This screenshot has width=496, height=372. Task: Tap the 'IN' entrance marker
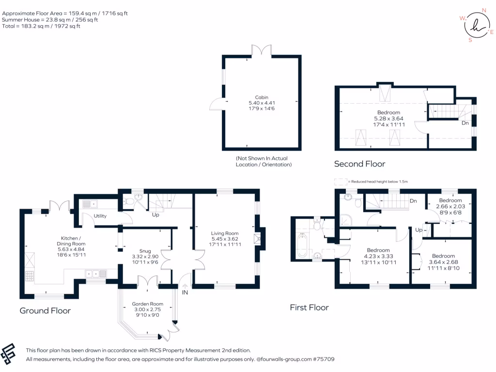(x=185, y=293)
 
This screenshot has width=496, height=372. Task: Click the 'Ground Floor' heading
(x=45, y=310)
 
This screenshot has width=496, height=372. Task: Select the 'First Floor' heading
(x=309, y=307)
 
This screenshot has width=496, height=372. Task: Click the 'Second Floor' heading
(x=359, y=164)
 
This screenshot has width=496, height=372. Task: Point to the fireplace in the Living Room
(x=257, y=238)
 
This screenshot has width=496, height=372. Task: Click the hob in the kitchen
(x=29, y=277)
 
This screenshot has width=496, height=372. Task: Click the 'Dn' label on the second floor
(x=465, y=123)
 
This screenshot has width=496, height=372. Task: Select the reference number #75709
(x=323, y=359)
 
